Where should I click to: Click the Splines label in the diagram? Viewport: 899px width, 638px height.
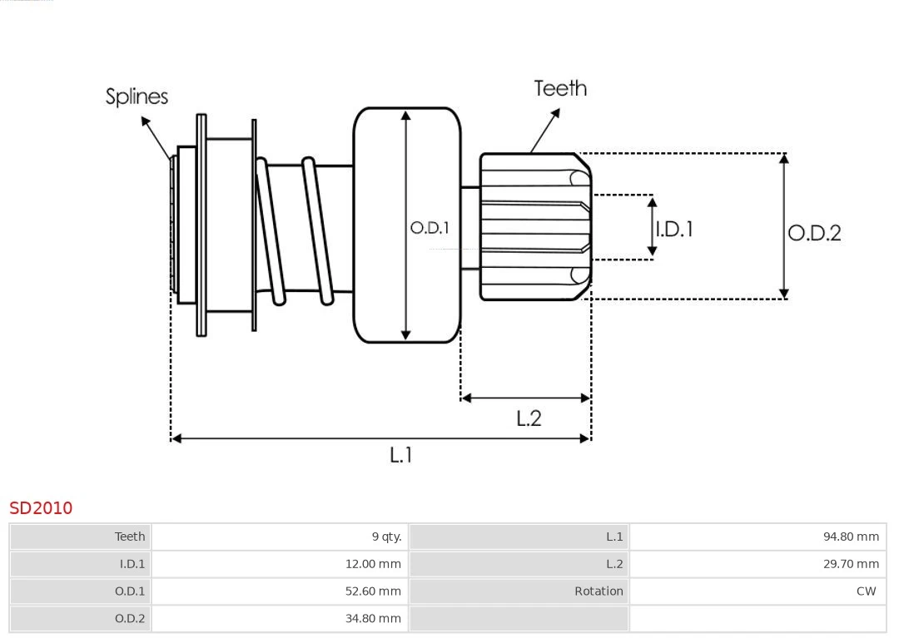coord(137,96)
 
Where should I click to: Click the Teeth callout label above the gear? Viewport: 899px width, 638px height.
coord(560,88)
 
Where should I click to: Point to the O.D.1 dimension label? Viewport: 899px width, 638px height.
coord(430,228)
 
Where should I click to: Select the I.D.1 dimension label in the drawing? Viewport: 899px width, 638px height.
coord(674,229)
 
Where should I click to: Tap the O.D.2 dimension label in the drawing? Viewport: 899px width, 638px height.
coord(814,233)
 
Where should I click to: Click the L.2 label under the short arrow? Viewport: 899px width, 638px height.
coord(529,418)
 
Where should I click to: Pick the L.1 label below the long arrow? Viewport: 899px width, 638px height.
coord(401,455)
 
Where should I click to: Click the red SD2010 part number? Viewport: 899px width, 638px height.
coord(41,507)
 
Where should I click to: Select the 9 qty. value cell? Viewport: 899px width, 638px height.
coord(386,537)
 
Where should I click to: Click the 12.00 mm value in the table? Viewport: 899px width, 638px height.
coord(373,564)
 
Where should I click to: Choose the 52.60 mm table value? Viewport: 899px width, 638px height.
coord(373,591)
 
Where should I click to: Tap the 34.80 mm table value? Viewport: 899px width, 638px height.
coord(373,618)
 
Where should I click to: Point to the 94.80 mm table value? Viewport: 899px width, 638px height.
coord(851,537)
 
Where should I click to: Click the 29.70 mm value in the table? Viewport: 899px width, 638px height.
coord(851,564)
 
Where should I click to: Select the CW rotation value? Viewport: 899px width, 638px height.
coord(866,591)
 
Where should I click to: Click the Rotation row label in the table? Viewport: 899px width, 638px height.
coord(599,591)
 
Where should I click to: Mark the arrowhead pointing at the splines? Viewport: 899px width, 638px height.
coord(146,122)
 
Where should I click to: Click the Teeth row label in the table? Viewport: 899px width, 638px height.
coord(130,537)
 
